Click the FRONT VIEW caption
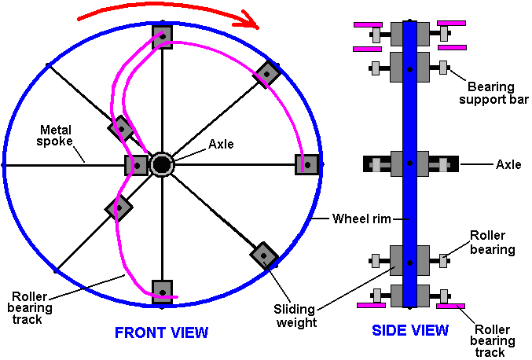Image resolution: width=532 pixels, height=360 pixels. tap(162, 332)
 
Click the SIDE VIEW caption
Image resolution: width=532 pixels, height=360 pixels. tap(410, 330)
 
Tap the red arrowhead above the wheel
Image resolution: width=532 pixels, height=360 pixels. tap(249, 20)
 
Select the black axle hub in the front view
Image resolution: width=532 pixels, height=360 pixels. tap(162, 165)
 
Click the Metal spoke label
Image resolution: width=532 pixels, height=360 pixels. tap(55, 135)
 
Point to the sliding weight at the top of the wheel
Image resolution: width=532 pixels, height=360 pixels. tap(162, 36)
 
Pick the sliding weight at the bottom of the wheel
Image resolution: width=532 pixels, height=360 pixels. tap(162, 292)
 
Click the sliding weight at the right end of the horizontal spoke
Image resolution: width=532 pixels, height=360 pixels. tap(306, 165)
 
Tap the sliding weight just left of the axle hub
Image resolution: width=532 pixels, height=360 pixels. tap(136, 166)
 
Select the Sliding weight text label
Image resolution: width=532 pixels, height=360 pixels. tap(295, 316)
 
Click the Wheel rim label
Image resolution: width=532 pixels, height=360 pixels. tap(361, 219)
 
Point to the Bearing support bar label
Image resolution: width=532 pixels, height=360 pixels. tap(493, 93)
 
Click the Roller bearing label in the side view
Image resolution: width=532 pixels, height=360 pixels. tap(492, 242)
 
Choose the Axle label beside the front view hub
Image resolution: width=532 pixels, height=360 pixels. tap(221, 144)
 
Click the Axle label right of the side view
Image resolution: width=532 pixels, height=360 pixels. tap(508, 164)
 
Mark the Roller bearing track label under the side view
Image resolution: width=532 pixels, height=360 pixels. tap(492, 340)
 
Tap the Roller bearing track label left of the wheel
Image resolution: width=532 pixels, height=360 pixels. tap(30, 308)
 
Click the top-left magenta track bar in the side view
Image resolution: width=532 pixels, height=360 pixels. tap(368, 25)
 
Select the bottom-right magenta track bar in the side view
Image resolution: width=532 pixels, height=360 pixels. tap(450, 306)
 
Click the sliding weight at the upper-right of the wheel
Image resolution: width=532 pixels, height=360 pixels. tap(267, 75)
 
